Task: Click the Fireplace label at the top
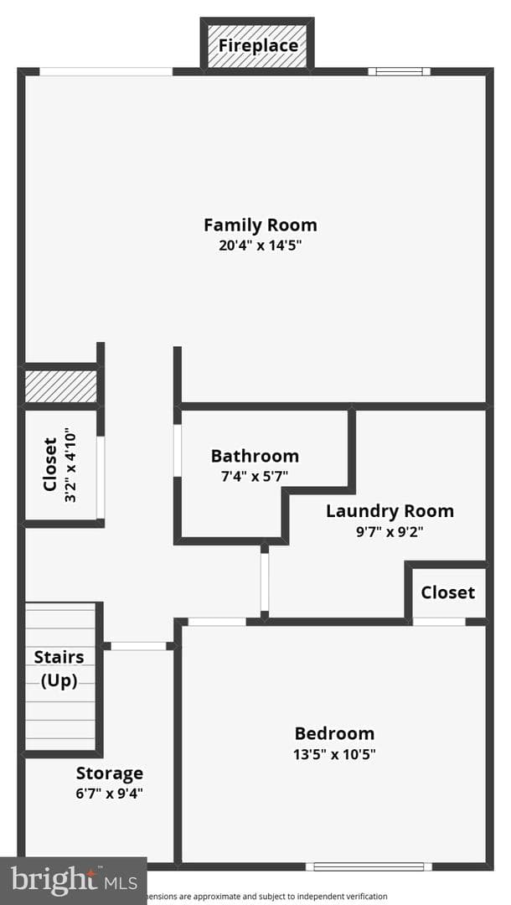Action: [258, 45]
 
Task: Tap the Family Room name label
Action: [261, 225]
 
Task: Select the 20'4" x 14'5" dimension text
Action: [261, 246]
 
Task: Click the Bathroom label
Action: [255, 456]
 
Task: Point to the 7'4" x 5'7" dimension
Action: [255, 476]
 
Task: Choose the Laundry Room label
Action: [390, 511]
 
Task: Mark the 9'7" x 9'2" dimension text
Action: [390, 531]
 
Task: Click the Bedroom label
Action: [334, 733]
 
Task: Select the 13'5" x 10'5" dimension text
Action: [334, 754]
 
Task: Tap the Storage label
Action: [110, 773]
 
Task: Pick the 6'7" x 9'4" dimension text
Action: [110, 794]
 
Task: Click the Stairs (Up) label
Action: [59, 669]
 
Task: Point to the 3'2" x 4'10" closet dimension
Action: [70, 464]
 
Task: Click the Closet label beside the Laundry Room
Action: [447, 592]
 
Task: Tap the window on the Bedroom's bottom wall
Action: [369, 866]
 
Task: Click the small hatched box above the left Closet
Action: [60, 386]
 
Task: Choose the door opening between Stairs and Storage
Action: [138, 646]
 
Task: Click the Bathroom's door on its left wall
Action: [178, 451]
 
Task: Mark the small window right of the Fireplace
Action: [399, 71]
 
